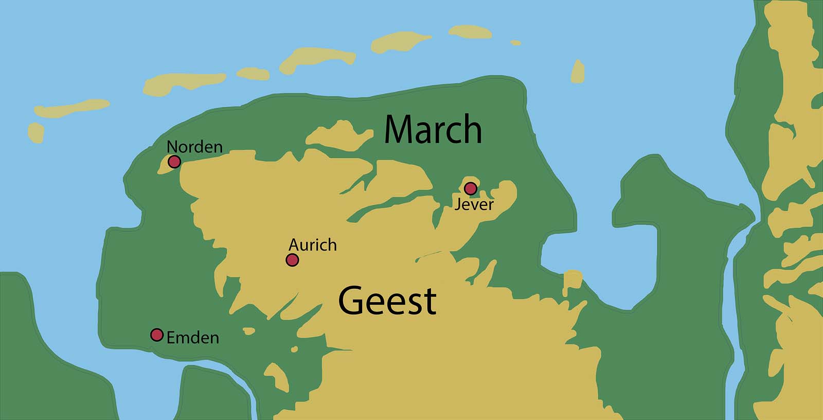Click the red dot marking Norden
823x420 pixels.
[174, 162]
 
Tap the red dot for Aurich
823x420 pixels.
[292, 260]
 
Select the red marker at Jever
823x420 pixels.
[470, 188]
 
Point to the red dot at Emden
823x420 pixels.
[157, 335]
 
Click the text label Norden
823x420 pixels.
[194, 147]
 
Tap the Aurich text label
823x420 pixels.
[312, 244]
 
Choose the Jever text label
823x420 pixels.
[474, 204]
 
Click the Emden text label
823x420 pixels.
[193, 338]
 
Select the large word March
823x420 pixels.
[433, 129]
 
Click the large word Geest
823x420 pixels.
[387, 301]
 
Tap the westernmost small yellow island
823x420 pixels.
[35, 132]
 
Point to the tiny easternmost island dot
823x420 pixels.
[515, 43]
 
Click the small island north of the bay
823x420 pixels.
[578, 72]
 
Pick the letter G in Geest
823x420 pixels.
[351, 301]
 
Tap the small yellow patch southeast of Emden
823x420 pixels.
[277, 378]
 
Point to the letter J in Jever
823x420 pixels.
[457, 205]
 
